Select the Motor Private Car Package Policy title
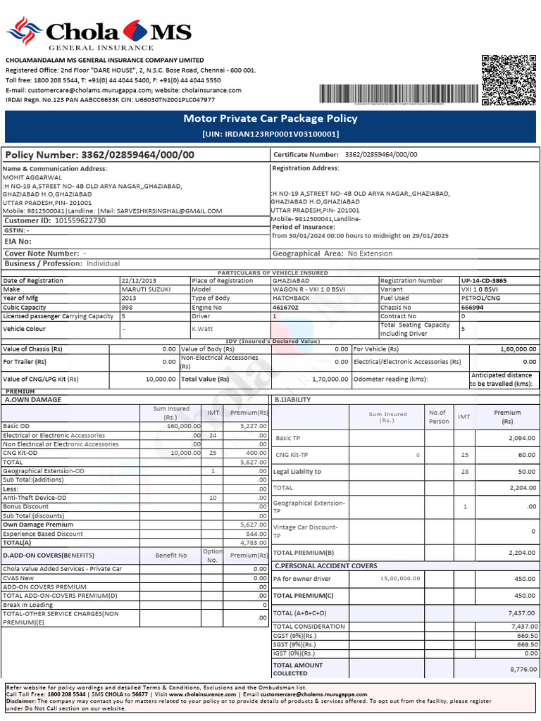click(x=270, y=119)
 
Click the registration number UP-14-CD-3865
click(x=483, y=280)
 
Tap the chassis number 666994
click(x=472, y=308)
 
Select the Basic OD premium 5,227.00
click(x=252, y=426)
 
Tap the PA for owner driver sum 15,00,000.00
click(x=399, y=578)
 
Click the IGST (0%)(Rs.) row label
click(x=294, y=653)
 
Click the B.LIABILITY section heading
click(x=293, y=400)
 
